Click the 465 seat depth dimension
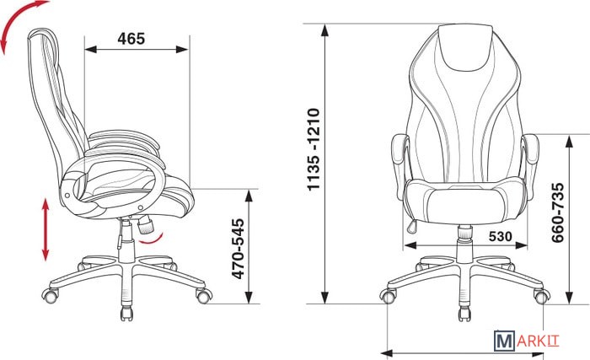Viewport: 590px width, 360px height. click(131, 39)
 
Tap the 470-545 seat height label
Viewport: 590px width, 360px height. click(238, 249)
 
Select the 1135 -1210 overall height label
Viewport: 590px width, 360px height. click(313, 149)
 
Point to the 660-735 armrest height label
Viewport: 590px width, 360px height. click(558, 212)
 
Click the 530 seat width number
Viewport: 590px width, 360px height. click(501, 236)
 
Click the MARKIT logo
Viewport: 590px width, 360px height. click(527, 341)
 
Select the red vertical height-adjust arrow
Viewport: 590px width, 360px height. click(46, 229)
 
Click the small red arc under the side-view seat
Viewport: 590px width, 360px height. click(151, 239)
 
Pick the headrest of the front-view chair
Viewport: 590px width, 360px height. click(465, 46)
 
